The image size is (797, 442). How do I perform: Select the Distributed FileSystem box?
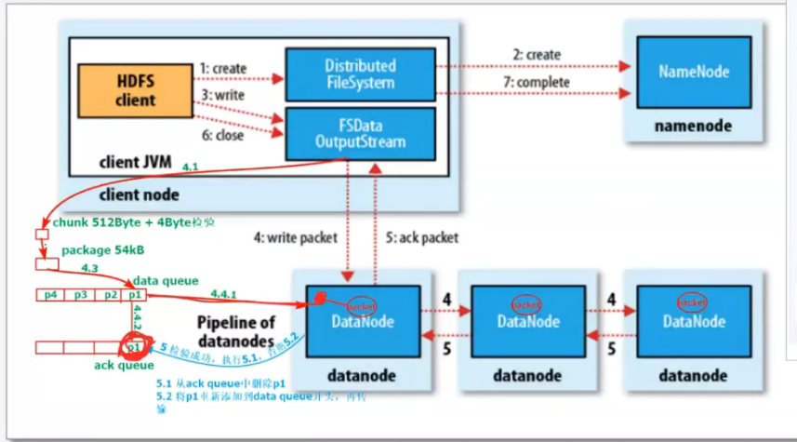tap(359, 75)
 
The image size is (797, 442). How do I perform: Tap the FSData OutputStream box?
tap(359, 133)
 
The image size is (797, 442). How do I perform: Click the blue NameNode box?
tap(694, 71)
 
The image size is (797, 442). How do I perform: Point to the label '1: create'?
tap(223, 69)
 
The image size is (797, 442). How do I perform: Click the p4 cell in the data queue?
tap(51, 294)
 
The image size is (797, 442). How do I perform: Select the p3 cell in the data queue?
tap(82, 294)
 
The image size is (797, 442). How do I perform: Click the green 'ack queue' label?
tap(124, 366)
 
